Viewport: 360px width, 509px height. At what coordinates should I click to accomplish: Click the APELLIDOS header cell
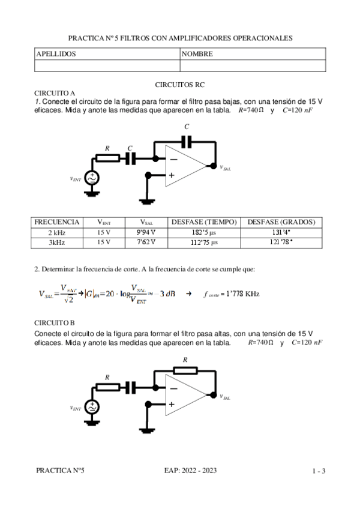tap(56, 54)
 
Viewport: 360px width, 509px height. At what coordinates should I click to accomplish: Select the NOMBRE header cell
tap(197, 54)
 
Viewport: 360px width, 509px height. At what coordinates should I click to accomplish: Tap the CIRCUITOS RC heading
tap(180, 86)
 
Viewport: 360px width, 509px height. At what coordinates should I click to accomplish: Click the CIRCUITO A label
tap(55, 93)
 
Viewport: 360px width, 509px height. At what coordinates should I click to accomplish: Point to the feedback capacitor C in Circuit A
tap(187, 142)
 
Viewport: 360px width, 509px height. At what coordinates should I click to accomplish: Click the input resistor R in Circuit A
tap(108, 158)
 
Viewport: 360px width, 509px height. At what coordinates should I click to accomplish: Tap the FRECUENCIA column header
tap(57, 222)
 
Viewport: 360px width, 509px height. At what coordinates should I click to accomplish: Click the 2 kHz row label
tap(57, 232)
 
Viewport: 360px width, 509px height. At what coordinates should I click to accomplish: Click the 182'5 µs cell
tap(205, 232)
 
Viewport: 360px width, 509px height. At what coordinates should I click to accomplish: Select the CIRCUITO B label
tap(55, 322)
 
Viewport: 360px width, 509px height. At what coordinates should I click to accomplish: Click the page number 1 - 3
tap(319, 471)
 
